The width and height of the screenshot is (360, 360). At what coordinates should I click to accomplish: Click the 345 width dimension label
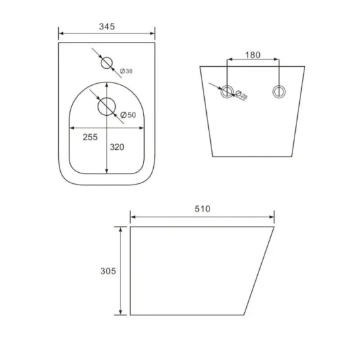(107, 27)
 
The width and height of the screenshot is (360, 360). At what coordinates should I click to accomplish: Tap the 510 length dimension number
(202, 209)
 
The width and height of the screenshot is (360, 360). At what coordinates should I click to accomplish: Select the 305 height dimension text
(108, 271)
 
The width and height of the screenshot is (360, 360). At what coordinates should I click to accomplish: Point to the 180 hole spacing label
(253, 55)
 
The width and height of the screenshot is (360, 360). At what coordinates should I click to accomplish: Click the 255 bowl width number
(90, 137)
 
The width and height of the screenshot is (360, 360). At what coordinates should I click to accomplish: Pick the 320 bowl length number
(117, 147)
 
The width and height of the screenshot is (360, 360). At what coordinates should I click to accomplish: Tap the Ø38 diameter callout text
(126, 71)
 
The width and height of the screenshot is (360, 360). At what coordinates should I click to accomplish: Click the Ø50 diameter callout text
(128, 115)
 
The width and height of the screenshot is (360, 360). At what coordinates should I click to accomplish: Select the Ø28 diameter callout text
(241, 95)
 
